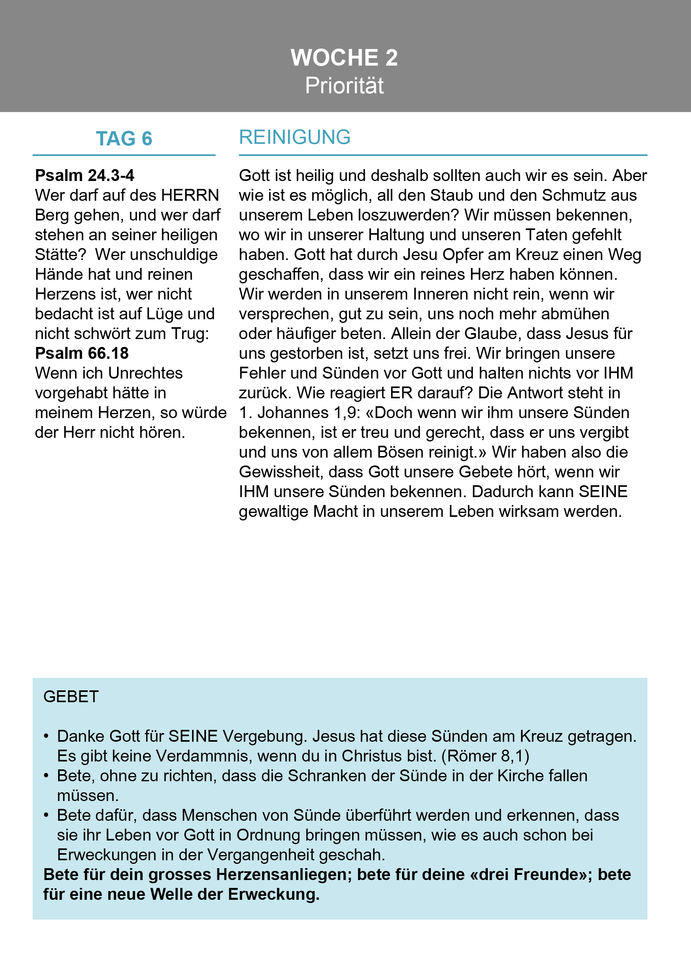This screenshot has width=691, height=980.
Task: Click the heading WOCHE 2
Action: click(x=344, y=58)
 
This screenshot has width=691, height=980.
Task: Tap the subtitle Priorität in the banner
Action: click(x=344, y=86)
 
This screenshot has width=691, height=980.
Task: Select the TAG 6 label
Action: click(x=124, y=139)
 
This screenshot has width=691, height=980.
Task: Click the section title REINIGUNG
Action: click(x=295, y=138)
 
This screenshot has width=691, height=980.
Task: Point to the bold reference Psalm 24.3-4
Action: click(x=85, y=175)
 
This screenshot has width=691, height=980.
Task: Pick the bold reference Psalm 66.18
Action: click(x=81, y=353)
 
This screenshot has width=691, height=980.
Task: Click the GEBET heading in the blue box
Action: click(x=71, y=697)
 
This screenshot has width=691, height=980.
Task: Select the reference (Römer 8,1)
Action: click(x=485, y=756)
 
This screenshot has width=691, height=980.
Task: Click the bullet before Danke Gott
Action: click(x=46, y=737)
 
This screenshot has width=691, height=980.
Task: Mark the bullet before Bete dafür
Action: click(x=46, y=816)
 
